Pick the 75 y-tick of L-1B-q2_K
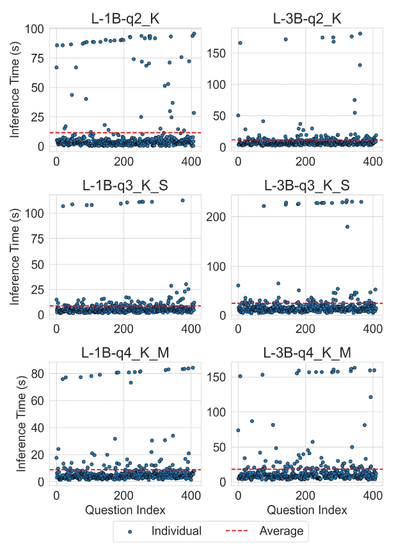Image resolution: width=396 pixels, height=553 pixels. [x=36, y=58]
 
